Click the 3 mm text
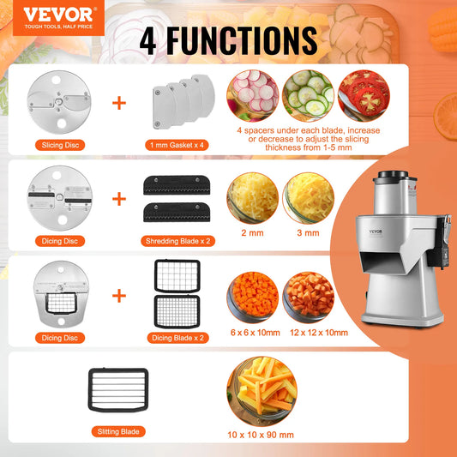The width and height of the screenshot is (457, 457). pyautogui.click(x=309, y=231)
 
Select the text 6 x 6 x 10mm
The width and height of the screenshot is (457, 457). pyautogui.click(x=254, y=329)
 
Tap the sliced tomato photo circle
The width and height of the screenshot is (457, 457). pyautogui.click(x=364, y=93)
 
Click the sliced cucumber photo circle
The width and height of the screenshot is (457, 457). pyautogui.click(x=309, y=93)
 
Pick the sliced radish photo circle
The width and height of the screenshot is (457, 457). pyautogui.click(x=253, y=93)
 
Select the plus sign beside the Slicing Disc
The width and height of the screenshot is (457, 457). pyautogui.click(x=119, y=104)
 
